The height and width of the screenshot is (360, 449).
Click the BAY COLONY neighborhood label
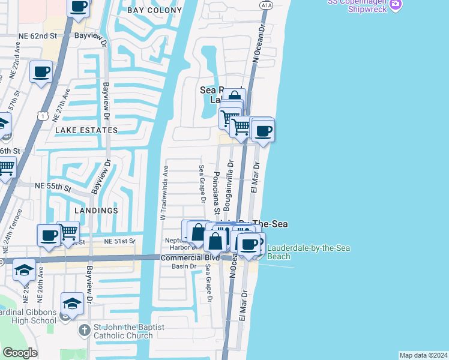click(155, 10)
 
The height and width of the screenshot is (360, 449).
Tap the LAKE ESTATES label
click(86, 130)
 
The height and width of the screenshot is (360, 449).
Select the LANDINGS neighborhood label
click(96, 211)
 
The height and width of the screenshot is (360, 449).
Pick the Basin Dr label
click(184, 266)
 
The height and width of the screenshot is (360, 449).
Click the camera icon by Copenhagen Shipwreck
click(395, 5)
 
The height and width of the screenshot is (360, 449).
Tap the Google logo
click(20, 352)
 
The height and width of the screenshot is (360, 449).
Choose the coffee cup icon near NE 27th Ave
click(41, 72)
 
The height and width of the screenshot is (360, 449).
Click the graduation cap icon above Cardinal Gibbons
click(71, 304)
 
